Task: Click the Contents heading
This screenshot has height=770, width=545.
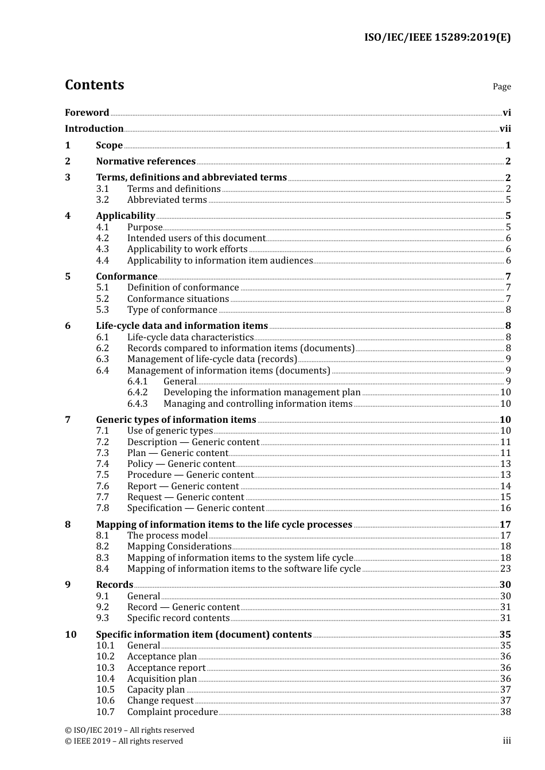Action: (94, 85)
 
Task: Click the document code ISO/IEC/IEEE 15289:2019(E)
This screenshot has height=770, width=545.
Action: (437, 38)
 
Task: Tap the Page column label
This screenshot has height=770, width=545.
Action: (501, 87)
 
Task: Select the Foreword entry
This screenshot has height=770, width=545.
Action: (87, 113)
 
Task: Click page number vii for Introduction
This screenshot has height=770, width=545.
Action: (505, 129)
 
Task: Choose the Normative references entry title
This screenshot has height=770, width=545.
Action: (146, 162)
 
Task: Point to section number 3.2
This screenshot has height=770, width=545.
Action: (103, 200)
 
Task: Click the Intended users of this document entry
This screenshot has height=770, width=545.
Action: (196, 238)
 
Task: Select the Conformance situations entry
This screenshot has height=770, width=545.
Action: (178, 299)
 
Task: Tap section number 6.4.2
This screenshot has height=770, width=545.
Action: (138, 392)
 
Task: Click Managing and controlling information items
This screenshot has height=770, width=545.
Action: (258, 404)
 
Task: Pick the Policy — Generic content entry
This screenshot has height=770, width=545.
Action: (181, 464)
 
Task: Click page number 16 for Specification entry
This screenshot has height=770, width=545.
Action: (505, 508)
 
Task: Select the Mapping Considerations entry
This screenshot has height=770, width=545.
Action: (179, 547)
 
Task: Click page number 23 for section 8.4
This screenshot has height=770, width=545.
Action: (505, 569)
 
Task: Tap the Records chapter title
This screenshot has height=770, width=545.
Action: (115, 585)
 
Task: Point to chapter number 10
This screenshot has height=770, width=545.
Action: (71, 635)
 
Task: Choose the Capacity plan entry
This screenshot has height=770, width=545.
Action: (156, 690)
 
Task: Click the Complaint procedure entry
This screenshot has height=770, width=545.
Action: (172, 712)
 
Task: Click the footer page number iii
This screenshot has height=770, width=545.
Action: (507, 741)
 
